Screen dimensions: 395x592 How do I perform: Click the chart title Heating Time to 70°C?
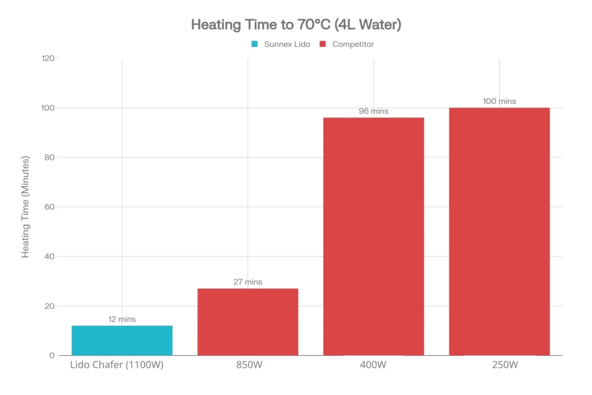point(296,25)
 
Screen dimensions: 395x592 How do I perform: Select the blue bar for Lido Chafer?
point(122,341)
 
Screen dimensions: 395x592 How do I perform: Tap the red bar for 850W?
point(247,322)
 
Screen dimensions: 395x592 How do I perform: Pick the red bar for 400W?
point(373,237)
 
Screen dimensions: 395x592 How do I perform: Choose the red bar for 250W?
point(499,231)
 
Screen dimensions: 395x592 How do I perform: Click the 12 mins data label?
point(122,319)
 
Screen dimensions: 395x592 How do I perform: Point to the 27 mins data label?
point(247,282)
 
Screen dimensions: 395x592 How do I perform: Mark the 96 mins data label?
point(373,111)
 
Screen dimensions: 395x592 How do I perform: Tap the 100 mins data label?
point(499,101)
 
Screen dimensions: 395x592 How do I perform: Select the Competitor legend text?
point(353,44)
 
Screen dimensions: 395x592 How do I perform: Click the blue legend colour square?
point(255,44)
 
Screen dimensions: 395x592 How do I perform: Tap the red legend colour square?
point(323,44)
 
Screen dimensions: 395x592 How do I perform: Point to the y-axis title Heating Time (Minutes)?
point(25,207)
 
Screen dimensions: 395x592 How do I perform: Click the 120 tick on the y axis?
point(47,58)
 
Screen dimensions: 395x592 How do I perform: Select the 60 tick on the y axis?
point(50,207)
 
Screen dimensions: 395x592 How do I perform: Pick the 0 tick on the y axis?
point(52,356)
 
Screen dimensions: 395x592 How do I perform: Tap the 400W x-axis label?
point(373,365)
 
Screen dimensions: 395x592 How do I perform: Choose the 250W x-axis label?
point(499,365)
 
